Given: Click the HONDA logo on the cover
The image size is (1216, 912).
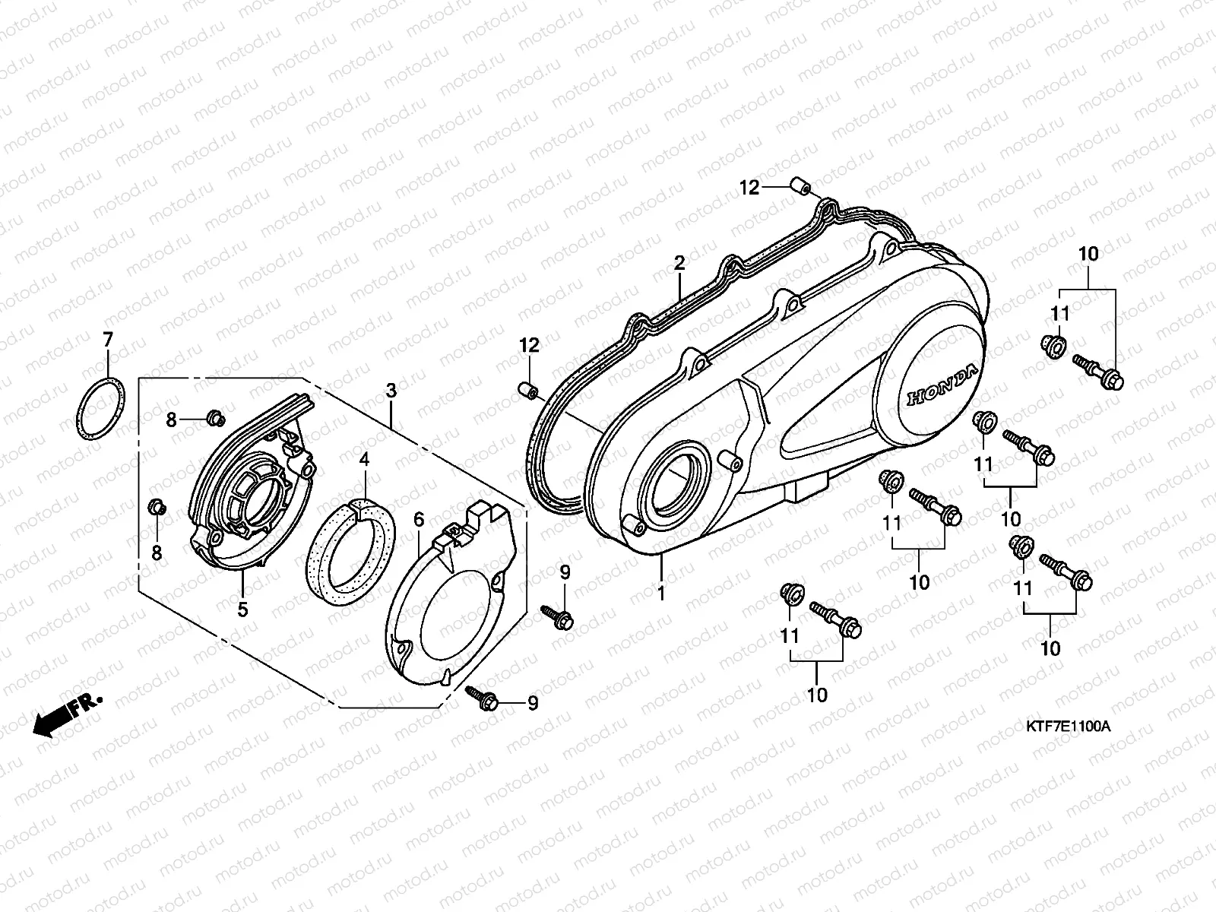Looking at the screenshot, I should [942, 386].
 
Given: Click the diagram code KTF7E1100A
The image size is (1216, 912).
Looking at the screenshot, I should [1067, 726].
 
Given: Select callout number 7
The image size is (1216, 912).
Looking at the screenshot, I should [107, 339].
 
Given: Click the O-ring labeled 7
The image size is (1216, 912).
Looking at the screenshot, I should [99, 409].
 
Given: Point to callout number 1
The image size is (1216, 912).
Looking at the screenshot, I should [661, 594].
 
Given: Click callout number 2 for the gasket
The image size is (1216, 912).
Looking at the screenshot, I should [679, 264].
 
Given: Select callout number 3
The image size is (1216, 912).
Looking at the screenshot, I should [391, 391].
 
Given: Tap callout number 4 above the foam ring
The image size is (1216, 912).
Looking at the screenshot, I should [364, 460].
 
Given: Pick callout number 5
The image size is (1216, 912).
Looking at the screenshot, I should [242, 609].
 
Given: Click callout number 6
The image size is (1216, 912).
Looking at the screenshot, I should [419, 521].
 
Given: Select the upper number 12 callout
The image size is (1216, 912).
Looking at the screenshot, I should [749, 187].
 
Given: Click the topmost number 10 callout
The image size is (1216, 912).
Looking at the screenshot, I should [1088, 255].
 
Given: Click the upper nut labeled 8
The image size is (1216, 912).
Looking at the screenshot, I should [216, 416].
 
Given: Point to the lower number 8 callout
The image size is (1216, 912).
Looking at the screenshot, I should [157, 553].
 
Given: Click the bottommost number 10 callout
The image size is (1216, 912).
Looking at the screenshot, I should [817, 695].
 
